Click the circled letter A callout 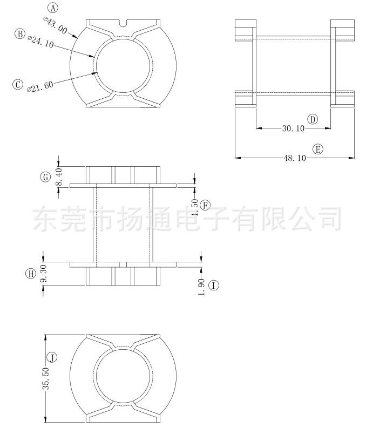[x=53, y=8]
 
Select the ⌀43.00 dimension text [x=55, y=25]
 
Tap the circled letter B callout [x=20, y=34]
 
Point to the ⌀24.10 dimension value [x=40, y=42]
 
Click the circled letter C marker [x=18, y=84]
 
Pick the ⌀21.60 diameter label [x=40, y=86]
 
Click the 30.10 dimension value [x=293, y=128]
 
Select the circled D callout [x=313, y=119]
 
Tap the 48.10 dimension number [x=295, y=158]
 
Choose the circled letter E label [x=318, y=150]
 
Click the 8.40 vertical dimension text [x=59, y=177]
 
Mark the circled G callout [x=45, y=177]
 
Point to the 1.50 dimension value [x=195, y=207]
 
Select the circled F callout [x=205, y=205]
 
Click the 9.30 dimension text [x=44, y=273]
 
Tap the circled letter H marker [x=31, y=274]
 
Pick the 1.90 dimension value [x=201, y=287]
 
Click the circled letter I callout [x=214, y=286]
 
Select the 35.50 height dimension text [x=45, y=378]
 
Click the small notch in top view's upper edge [x=123, y=23]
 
